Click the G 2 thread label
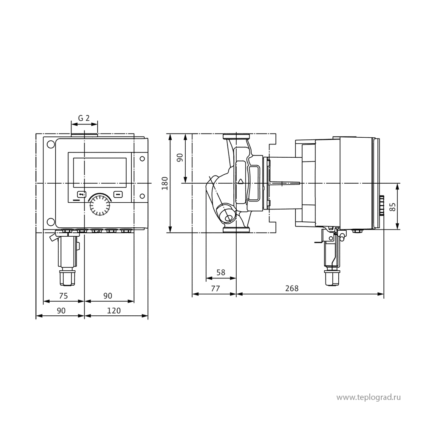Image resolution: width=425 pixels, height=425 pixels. [84, 118]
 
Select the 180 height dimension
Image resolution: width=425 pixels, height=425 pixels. [165, 183]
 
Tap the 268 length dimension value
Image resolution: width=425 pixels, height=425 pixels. [292, 288]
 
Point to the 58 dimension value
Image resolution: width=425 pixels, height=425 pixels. [221, 272]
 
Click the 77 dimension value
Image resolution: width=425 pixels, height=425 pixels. [215, 288]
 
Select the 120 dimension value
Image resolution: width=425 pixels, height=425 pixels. [114, 310]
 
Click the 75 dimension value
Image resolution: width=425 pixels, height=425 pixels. [63, 296]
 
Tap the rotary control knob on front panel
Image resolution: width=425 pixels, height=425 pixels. [100, 205]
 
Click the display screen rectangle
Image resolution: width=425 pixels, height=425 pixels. [100, 173]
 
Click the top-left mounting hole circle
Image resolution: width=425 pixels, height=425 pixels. [51, 144]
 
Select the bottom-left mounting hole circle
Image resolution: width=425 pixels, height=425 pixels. [51, 222]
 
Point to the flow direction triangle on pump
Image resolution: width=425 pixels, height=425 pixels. [241, 181]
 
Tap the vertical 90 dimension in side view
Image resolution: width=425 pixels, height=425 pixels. [180, 158]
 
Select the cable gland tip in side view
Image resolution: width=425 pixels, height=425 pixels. [332, 278]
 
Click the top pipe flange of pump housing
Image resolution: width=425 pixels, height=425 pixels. [236, 136]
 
